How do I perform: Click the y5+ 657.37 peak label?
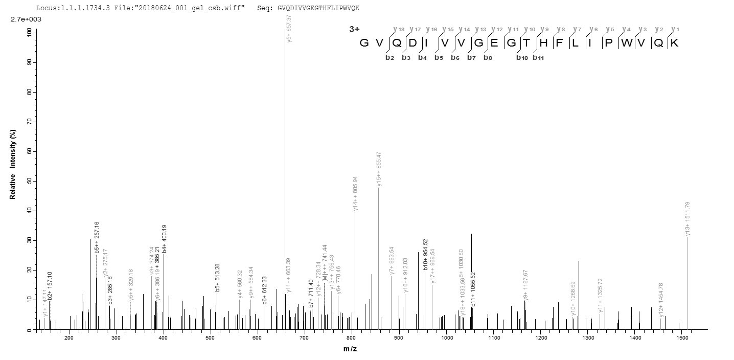[289, 29]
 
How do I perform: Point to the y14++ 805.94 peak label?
[355, 194]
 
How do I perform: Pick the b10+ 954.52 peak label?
[425, 254]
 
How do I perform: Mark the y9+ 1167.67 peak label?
[525, 285]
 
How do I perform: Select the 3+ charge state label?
[354, 30]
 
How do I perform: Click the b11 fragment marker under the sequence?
[538, 57]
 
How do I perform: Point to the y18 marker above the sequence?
[397, 29]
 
